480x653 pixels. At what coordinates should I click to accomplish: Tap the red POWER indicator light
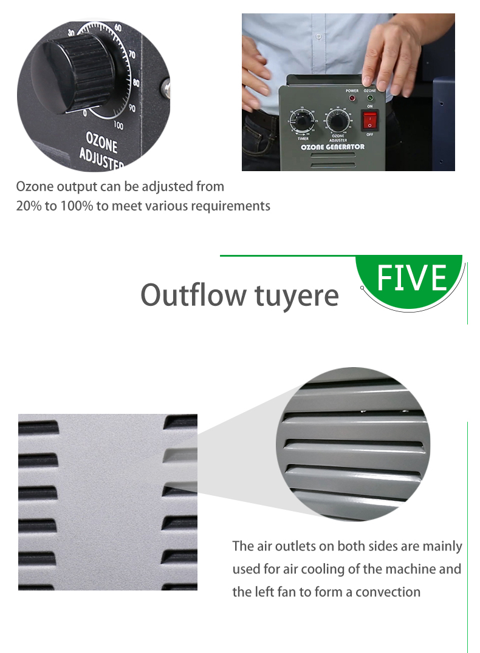pos(352,98)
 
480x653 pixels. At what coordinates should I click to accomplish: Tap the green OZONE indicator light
pos(369,98)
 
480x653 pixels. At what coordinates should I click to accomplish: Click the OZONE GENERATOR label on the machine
pos(332,147)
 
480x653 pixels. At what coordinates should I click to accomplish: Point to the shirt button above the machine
pos(318,36)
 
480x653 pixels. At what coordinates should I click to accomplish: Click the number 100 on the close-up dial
pos(118,126)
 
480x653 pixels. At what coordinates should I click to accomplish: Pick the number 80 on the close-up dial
pos(136,83)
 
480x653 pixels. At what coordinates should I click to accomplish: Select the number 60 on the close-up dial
pos(118,28)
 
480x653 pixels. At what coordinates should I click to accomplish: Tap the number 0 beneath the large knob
pos(85,113)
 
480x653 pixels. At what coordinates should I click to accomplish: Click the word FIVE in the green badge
pos(412,278)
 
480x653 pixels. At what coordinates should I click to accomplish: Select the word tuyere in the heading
pos(297,296)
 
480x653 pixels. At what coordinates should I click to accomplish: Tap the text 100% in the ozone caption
pos(77,206)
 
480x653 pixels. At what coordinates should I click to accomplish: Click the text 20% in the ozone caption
pos(29,206)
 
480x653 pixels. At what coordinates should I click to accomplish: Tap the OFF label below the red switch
pos(369,135)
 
